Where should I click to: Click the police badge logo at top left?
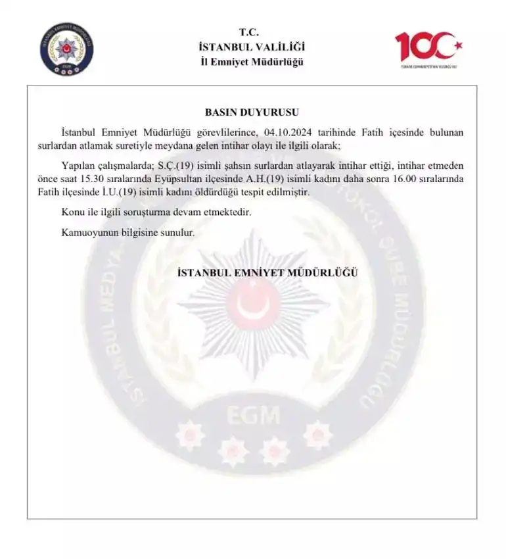click(x=66, y=49)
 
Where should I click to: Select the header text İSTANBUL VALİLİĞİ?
click(x=252, y=47)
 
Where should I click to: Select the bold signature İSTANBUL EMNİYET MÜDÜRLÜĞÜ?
click(x=268, y=273)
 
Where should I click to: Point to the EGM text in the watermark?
click(x=254, y=415)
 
